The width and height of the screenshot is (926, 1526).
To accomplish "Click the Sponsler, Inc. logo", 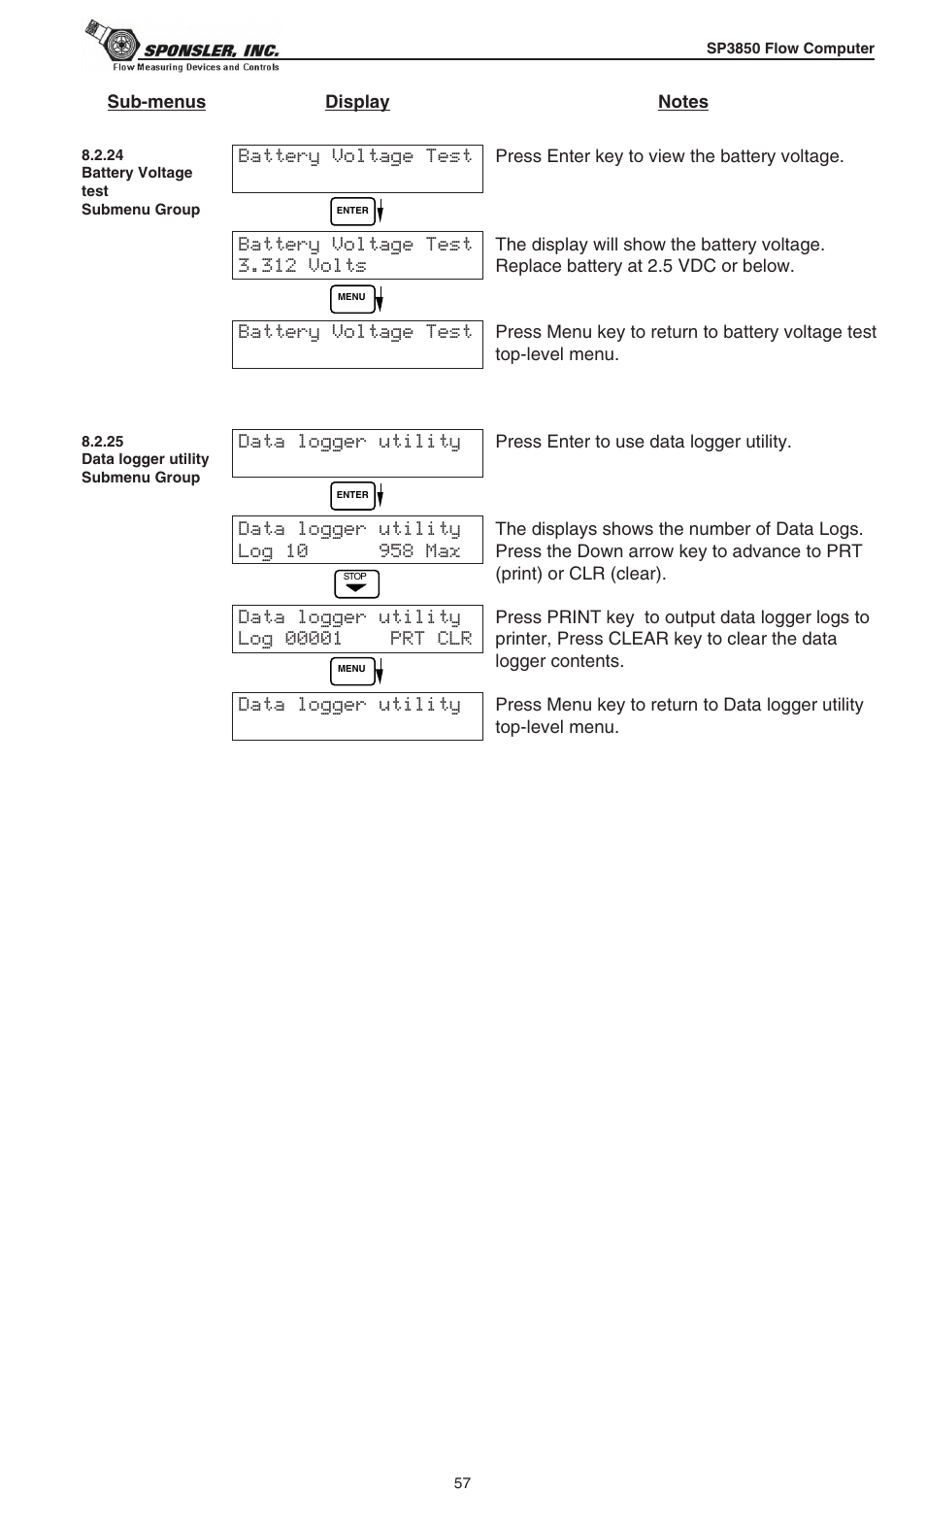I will pyautogui.click(x=182, y=47).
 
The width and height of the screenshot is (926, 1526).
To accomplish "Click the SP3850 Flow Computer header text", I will pyautogui.click(x=789, y=49).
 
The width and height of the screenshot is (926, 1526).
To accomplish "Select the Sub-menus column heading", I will pyautogui.click(x=156, y=102).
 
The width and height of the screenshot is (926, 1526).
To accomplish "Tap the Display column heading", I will pyautogui.click(x=357, y=102).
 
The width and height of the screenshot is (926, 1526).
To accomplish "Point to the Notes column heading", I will pyautogui.click(x=682, y=102).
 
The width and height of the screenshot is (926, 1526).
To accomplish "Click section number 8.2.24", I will pyautogui.click(x=102, y=155).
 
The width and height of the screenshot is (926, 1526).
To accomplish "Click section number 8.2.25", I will pyautogui.click(x=102, y=442).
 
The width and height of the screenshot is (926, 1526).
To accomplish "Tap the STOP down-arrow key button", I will pyautogui.click(x=356, y=583).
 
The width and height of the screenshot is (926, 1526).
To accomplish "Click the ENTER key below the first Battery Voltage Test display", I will pyautogui.click(x=352, y=211).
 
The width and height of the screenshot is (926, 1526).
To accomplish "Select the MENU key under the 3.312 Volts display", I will pyautogui.click(x=351, y=298).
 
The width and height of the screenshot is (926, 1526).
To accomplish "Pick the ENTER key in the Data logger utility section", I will pyautogui.click(x=352, y=495).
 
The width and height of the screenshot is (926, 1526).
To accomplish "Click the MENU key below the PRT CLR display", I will pyautogui.click(x=351, y=670).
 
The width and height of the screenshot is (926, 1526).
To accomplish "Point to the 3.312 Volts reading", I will pyautogui.click(x=302, y=266).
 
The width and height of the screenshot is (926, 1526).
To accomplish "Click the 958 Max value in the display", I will pyautogui.click(x=419, y=551).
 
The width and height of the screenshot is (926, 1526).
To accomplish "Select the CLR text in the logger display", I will pyautogui.click(x=454, y=639).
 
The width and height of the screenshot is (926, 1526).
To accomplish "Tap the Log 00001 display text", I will pyautogui.click(x=289, y=639).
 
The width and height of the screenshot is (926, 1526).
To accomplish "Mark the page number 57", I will pyautogui.click(x=462, y=1483).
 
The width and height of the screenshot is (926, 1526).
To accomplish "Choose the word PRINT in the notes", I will pyautogui.click(x=574, y=617).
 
